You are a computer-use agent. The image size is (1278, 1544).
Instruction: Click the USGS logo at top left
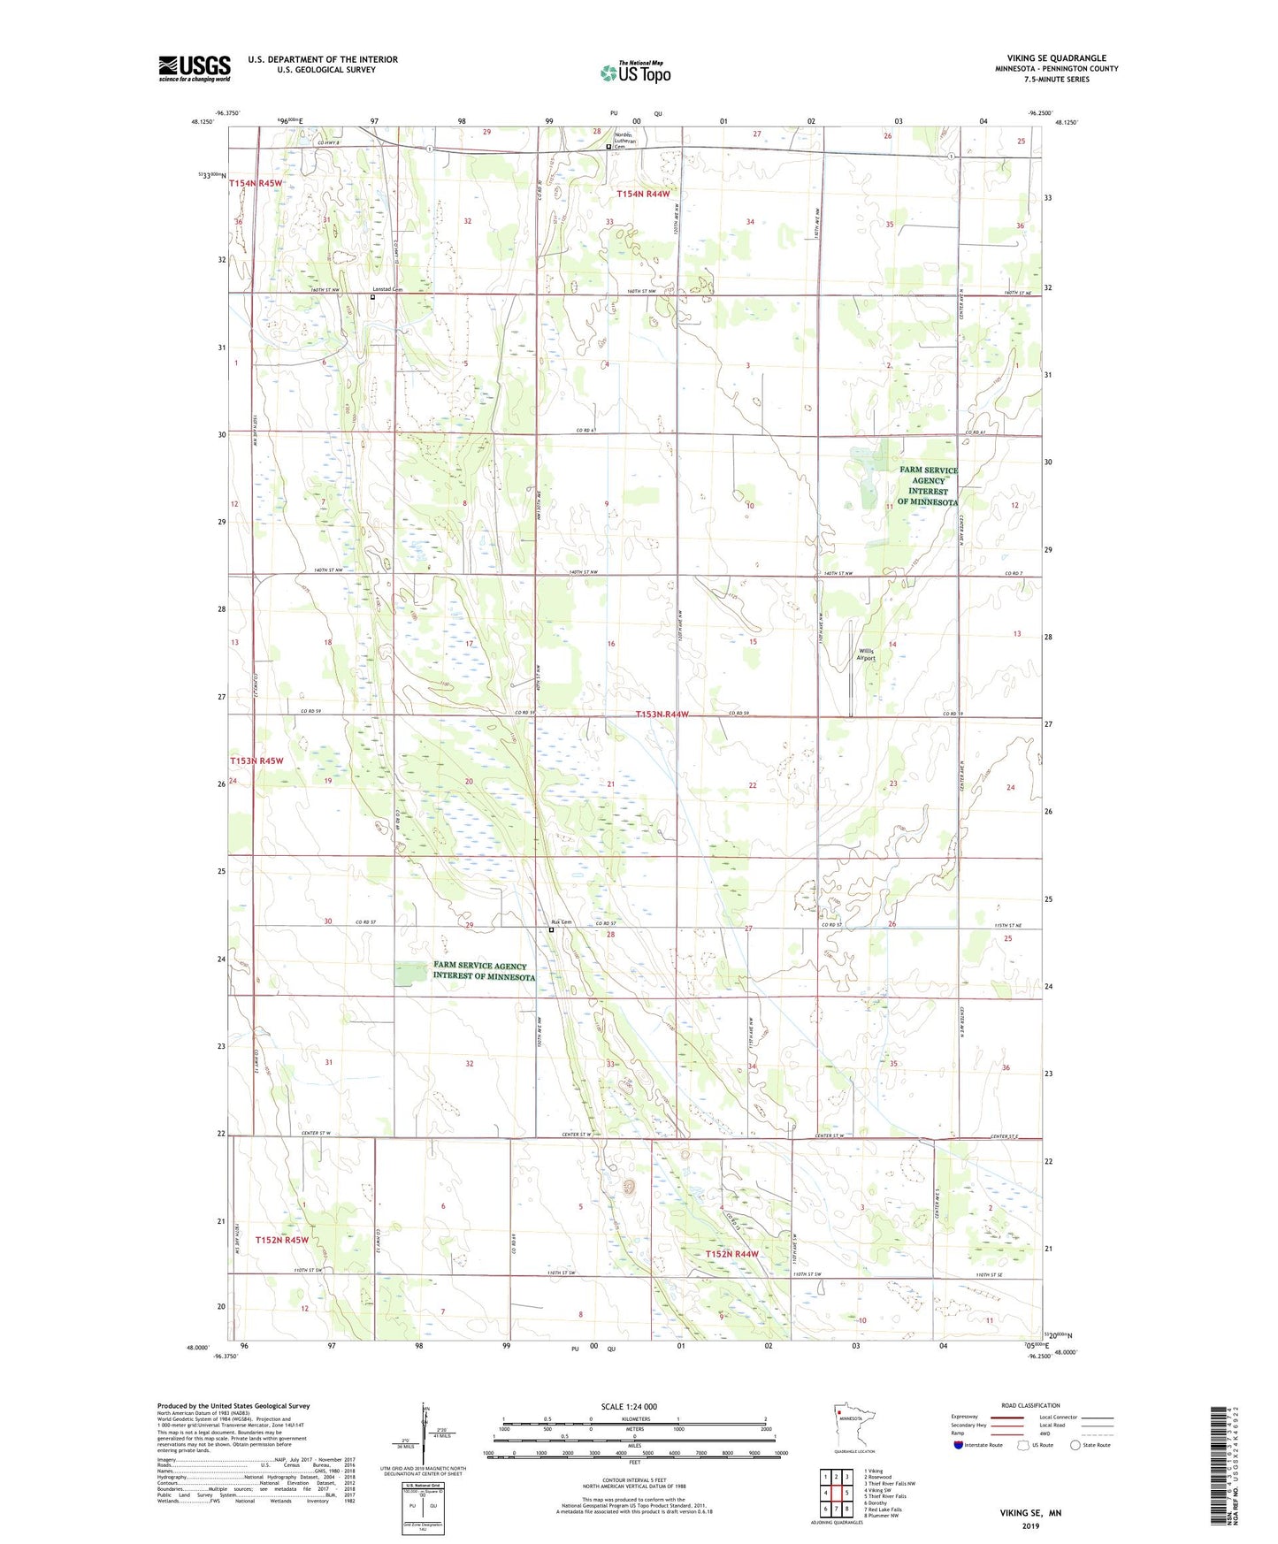195,68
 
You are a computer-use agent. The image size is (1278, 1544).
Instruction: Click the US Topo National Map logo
634,72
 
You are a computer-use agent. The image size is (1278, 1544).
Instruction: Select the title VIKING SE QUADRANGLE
1056,58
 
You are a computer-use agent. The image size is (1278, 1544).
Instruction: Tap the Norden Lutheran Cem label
630,141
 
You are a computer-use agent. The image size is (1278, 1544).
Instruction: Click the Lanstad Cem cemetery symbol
372,297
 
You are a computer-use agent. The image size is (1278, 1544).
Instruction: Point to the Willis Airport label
866,654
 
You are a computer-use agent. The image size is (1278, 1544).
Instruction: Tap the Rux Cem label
562,922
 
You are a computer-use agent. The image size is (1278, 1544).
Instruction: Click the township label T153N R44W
662,714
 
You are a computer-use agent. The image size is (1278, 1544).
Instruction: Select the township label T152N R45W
282,1240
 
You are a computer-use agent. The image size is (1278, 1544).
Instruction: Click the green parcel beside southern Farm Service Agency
409,974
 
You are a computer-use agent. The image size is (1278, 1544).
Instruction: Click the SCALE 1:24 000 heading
629,1406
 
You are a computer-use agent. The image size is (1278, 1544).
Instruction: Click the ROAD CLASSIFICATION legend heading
1030,1405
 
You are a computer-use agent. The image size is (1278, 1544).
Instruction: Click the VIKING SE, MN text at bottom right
1030,1513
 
